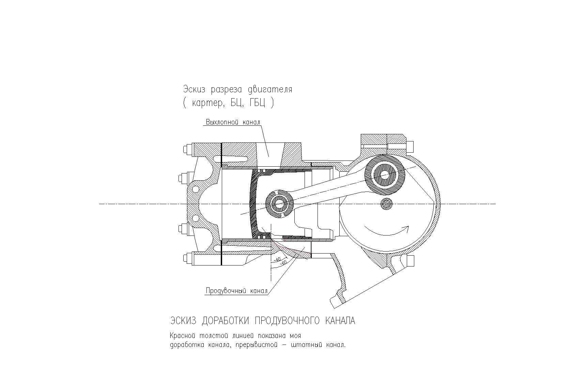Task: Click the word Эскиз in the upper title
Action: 195,89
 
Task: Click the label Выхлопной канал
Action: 233,122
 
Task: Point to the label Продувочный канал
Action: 236,291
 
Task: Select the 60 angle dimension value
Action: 283,263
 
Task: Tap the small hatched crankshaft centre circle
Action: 386,204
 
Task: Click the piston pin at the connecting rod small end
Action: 279,204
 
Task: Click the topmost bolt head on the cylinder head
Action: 186,150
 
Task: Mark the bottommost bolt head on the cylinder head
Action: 186,258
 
